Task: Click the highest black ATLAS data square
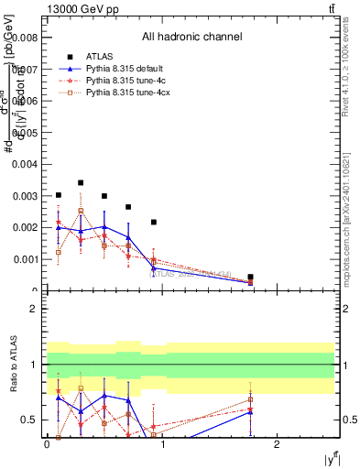coord(81,183)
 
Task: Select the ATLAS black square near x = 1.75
coord(250,277)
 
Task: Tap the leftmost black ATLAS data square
coord(59,195)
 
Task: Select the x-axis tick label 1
coord(162,443)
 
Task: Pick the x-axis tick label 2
coord(277,443)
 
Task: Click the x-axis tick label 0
coord(47,443)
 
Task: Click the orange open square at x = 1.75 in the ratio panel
coord(250,399)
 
